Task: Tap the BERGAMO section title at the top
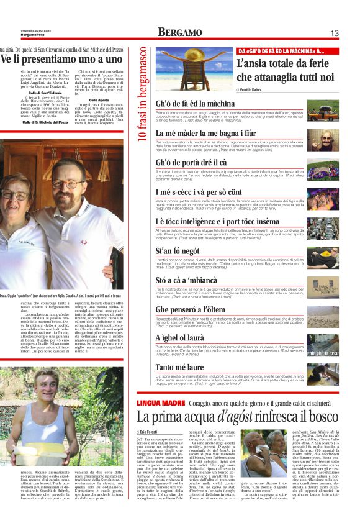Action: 179,32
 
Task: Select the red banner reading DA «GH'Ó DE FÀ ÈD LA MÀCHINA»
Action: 289,50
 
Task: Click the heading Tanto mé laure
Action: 179,367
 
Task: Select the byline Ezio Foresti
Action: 149,430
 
